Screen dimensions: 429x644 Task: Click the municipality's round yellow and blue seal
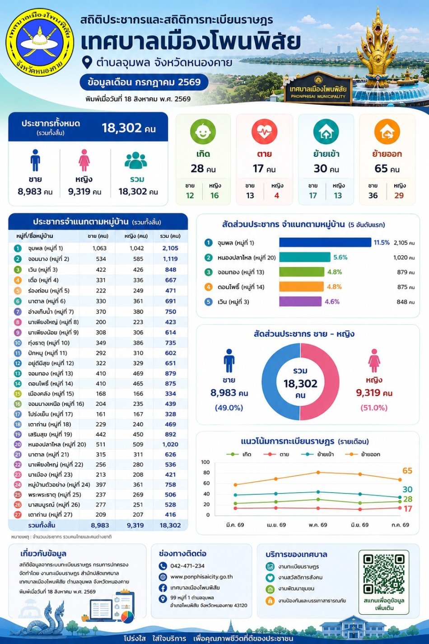40,42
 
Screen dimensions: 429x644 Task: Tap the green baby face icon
203,132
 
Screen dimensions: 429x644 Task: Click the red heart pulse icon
264,132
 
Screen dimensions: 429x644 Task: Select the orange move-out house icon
387,132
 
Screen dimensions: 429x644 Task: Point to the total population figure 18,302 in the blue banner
122,128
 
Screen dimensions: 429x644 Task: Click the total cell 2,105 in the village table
170,248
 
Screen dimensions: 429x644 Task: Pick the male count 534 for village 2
101,259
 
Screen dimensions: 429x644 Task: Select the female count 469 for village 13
138,373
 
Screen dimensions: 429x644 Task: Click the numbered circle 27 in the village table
18,514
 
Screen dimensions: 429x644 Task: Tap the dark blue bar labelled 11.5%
325,242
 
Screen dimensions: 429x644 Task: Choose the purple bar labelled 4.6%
300,301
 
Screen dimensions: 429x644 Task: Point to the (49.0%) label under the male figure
228,408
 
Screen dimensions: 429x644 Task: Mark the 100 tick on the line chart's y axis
205,462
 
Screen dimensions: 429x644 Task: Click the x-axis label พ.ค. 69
318,525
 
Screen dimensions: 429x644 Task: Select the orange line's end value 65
407,470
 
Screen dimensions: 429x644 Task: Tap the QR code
384,574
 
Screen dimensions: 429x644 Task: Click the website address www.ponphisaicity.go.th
201,577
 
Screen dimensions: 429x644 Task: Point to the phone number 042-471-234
187,566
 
